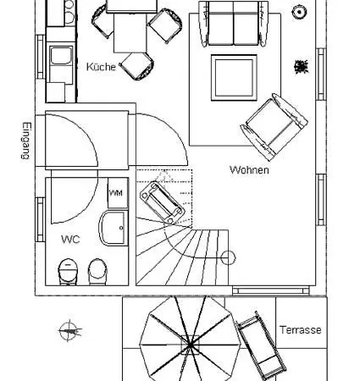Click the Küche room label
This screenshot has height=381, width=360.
coord(101,67)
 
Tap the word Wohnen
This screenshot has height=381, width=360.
coord(249,170)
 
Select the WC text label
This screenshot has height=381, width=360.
coord(70,240)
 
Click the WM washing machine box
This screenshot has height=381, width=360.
coord(117,194)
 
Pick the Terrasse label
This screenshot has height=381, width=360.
coord(300,330)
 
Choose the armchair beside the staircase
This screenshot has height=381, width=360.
coord(159,200)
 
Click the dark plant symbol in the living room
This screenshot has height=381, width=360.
coord(300,65)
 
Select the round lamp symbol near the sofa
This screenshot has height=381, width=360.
coord(298,11)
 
